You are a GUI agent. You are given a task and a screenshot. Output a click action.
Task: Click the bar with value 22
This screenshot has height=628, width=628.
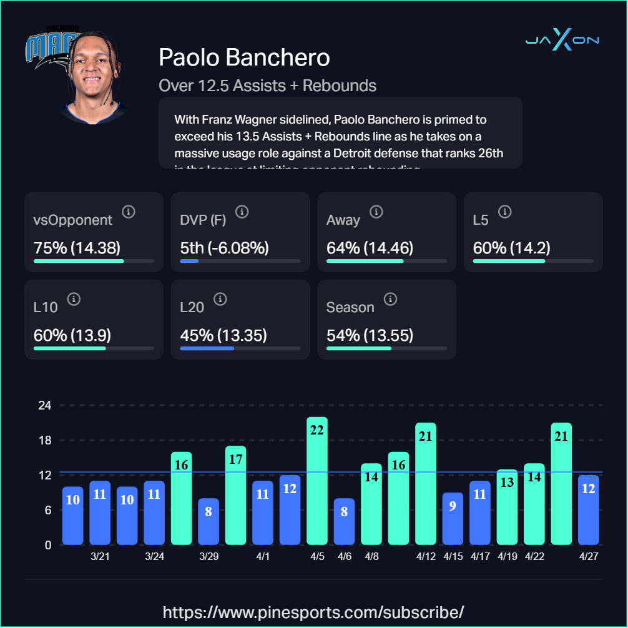[317, 481]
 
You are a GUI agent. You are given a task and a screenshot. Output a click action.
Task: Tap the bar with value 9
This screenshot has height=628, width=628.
[453, 518]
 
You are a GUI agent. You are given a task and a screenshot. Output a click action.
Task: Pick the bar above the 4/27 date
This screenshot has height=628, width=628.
[588, 509]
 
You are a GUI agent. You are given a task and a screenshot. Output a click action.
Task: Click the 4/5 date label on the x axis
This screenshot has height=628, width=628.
[317, 556]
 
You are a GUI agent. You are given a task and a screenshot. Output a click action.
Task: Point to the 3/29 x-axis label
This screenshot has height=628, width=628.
[209, 556]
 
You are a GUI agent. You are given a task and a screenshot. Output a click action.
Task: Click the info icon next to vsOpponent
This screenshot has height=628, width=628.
[129, 212]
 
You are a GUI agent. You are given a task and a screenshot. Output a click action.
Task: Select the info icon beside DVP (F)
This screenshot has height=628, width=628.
[242, 212]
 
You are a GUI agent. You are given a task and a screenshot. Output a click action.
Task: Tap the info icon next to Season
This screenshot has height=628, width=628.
[390, 299]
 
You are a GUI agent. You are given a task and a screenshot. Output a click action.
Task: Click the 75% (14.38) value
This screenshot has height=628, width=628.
[77, 248]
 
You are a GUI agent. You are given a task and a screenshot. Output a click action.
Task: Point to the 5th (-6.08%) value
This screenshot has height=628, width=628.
[224, 248]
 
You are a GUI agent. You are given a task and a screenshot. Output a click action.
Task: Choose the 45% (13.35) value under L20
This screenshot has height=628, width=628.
[223, 335]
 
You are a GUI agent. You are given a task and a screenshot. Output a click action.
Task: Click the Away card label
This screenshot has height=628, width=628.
[343, 220]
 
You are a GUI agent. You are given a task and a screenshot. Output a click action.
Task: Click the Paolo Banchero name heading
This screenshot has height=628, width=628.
[244, 57]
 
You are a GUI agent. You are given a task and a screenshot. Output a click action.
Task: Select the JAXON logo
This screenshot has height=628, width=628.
[562, 41]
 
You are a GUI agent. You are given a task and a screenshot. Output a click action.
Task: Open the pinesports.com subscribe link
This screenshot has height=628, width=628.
[313, 611]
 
